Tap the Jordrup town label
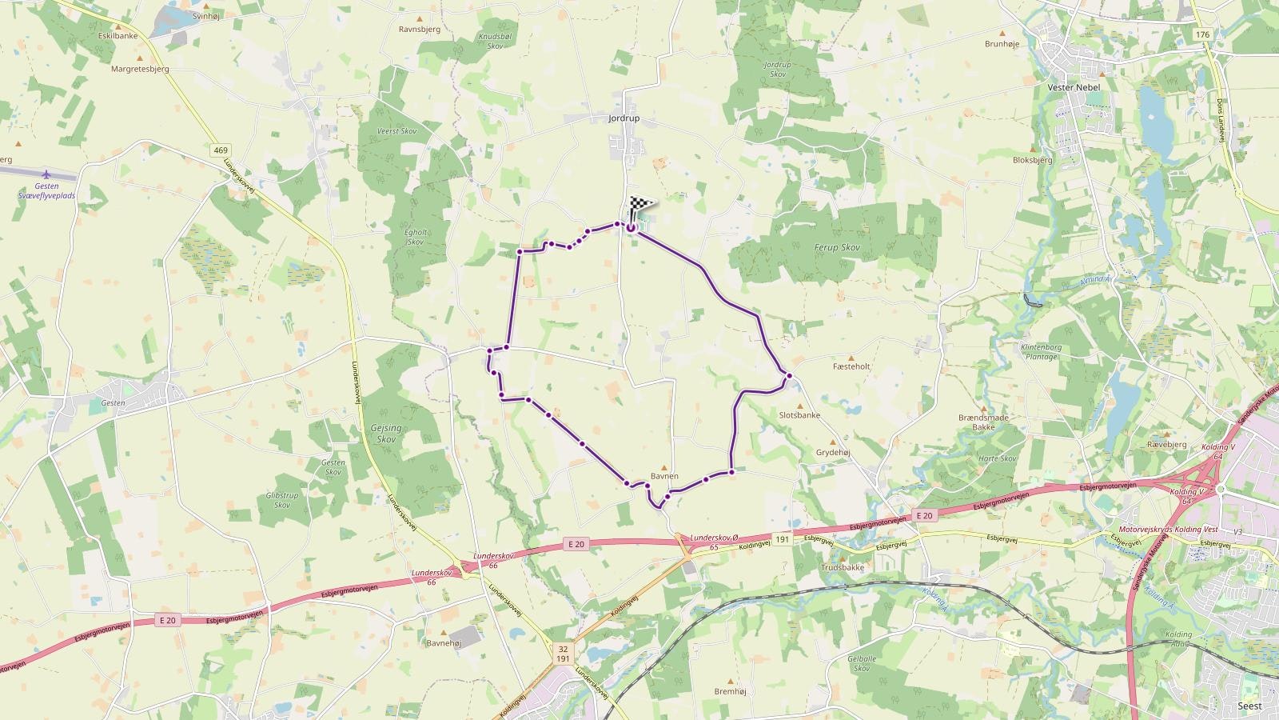(624, 118)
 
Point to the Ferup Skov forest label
(838, 248)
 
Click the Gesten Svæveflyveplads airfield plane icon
(46, 174)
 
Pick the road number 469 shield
(221, 150)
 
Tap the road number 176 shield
(1202, 34)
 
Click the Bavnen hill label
(664, 476)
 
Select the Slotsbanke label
(799, 415)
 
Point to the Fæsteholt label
(851, 366)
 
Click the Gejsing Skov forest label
(386, 434)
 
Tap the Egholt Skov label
(416, 237)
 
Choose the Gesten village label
(114, 403)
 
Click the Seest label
(1249, 706)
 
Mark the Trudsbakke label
(843, 567)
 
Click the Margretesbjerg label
(140, 69)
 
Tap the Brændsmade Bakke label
(983, 422)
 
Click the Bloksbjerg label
(1033, 160)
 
